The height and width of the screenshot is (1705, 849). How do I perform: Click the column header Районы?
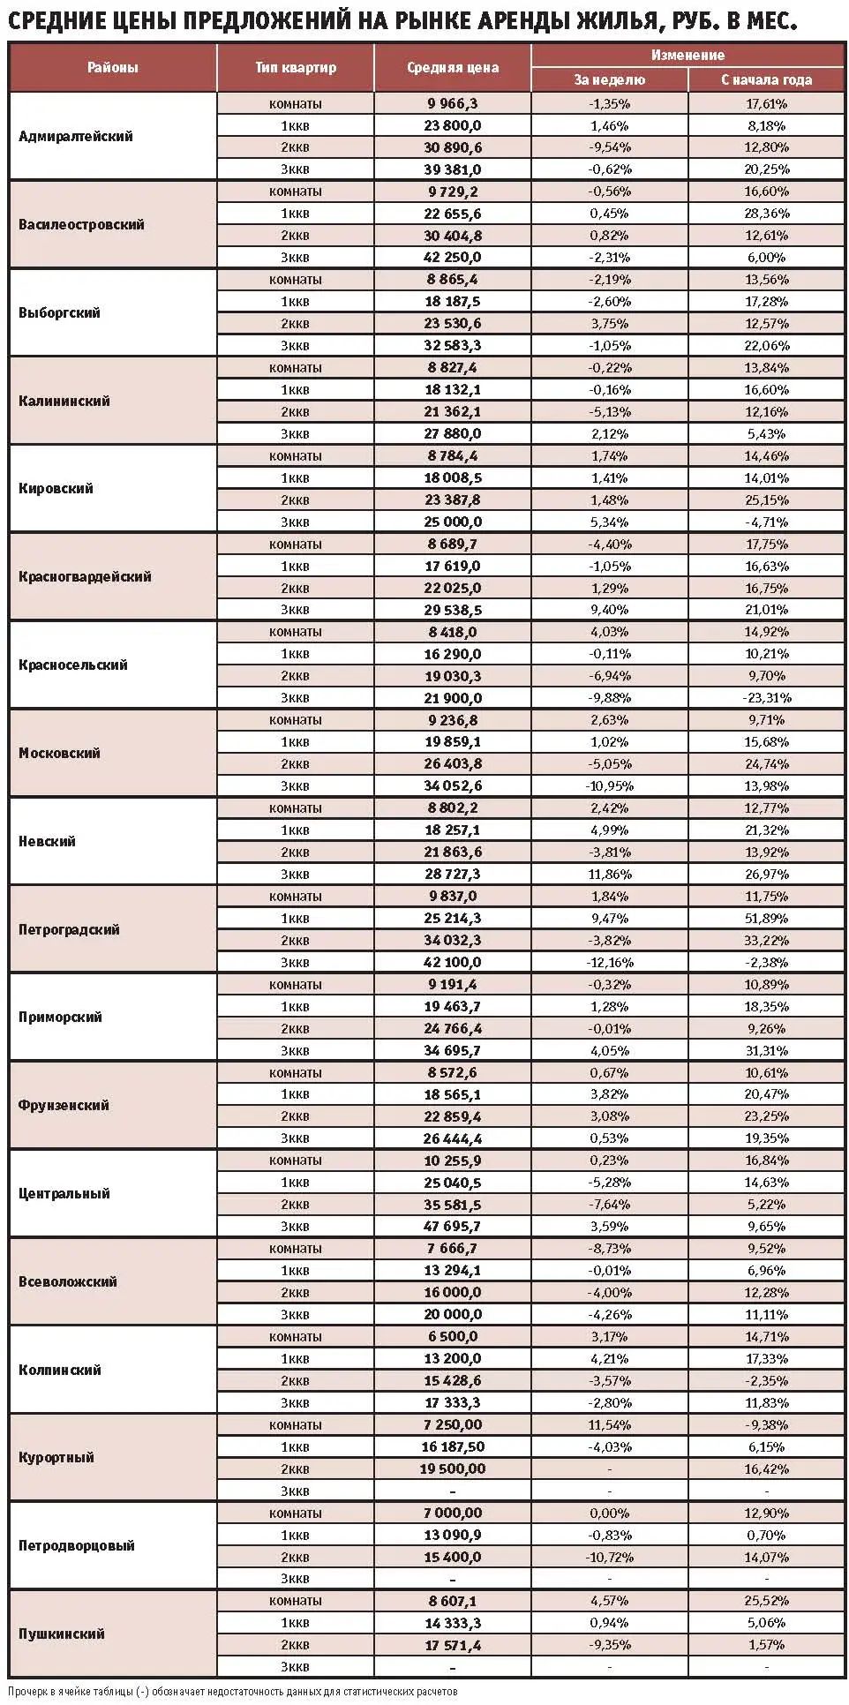point(112,67)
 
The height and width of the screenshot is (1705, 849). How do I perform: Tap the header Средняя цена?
point(453,67)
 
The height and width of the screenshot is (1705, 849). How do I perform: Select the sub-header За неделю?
point(609,79)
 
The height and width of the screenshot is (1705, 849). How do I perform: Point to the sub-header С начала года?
point(766,79)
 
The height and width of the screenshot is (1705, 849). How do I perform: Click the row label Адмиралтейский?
point(76,136)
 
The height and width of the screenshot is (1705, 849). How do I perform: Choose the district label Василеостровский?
point(81,224)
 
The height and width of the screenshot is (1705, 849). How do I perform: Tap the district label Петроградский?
point(69,929)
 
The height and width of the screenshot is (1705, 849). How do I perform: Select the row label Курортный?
point(56,1457)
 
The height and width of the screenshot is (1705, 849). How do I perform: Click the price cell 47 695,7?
point(453,1226)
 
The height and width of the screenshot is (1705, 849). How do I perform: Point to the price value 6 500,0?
point(453,1336)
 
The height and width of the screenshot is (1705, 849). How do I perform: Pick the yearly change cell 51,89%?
point(766,918)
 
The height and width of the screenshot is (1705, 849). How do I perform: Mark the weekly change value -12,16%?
point(609,962)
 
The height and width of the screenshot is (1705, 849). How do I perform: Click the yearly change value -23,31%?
point(766,697)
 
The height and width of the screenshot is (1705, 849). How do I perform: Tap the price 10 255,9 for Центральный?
point(453,1160)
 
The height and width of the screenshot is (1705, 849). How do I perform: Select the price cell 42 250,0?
point(453,257)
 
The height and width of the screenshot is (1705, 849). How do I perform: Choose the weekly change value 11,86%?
point(609,874)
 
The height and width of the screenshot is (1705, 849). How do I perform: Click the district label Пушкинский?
point(62,1634)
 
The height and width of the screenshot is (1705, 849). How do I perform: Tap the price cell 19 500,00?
point(453,1468)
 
